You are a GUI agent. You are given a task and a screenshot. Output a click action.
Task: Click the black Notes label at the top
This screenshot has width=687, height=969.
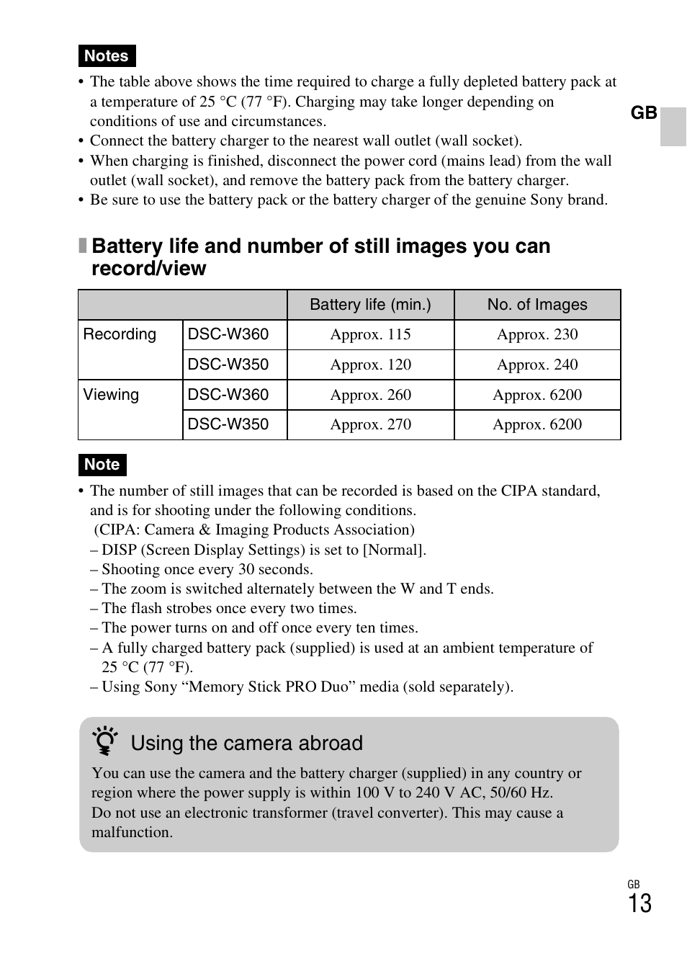[x=107, y=56]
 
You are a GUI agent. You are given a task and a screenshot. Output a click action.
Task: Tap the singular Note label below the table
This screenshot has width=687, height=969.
[x=102, y=465]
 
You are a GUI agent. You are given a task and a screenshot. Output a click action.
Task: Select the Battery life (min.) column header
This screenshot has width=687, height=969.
[x=370, y=305]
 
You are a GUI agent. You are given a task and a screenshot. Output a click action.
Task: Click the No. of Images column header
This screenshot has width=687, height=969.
[x=536, y=305]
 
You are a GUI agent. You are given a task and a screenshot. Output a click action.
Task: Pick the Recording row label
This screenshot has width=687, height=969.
[x=120, y=334]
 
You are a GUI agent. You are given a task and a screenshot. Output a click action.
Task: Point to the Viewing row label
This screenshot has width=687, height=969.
[x=111, y=395]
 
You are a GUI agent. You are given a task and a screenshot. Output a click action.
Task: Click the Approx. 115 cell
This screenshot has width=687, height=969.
[x=370, y=334]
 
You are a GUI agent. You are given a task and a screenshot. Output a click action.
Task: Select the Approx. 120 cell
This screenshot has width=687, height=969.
[x=370, y=365]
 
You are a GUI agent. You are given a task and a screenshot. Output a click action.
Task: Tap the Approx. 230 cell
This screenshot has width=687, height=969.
[x=537, y=334]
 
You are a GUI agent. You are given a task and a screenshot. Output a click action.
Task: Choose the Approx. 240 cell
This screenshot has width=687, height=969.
[x=537, y=365]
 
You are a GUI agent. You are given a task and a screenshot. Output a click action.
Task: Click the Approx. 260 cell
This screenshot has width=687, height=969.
[x=370, y=395]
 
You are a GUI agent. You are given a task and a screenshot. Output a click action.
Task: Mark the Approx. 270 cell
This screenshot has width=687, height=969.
[x=370, y=424]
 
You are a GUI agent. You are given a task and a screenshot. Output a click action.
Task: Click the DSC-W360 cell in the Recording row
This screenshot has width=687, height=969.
[x=228, y=334]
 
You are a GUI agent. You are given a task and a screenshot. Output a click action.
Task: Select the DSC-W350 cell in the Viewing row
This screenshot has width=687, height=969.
[x=228, y=424]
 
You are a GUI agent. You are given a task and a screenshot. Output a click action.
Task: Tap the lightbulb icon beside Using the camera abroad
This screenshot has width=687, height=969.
[x=105, y=741]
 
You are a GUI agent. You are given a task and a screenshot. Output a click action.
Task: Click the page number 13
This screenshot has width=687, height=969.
[x=639, y=903]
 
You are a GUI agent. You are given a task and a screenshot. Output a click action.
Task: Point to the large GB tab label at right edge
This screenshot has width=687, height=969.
[x=644, y=113]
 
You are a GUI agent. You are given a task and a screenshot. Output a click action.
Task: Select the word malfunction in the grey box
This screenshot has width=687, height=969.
[x=131, y=832]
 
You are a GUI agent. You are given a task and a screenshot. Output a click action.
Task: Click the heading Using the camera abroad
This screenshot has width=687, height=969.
[x=246, y=744]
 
